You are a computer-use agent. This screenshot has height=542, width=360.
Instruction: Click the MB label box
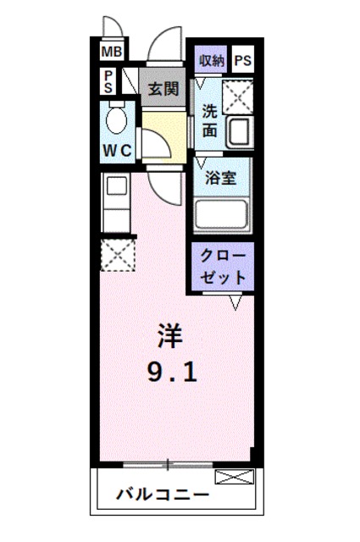pyautogui.click(x=112, y=53)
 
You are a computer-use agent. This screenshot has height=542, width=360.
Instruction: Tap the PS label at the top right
pyautogui.click(x=243, y=60)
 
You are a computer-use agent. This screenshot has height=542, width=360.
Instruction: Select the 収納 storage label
pyautogui.click(x=212, y=60)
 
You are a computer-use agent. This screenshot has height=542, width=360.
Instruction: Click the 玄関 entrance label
pyautogui.click(x=163, y=89)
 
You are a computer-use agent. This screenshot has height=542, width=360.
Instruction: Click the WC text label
pyautogui.click(x=117, y=151)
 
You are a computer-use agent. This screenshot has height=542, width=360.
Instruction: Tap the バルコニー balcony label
pyautogui.click(x=163, y=495)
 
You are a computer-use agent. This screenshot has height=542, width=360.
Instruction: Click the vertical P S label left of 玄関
pyautogui.click(x=109, y=82)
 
